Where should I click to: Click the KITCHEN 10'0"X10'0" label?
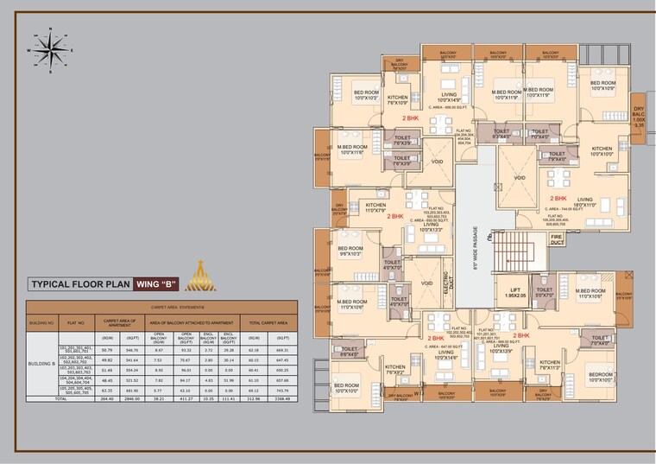click(602, 151)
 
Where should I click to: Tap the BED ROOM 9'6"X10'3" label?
click(351, 251)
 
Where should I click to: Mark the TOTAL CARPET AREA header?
click(266, 321)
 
